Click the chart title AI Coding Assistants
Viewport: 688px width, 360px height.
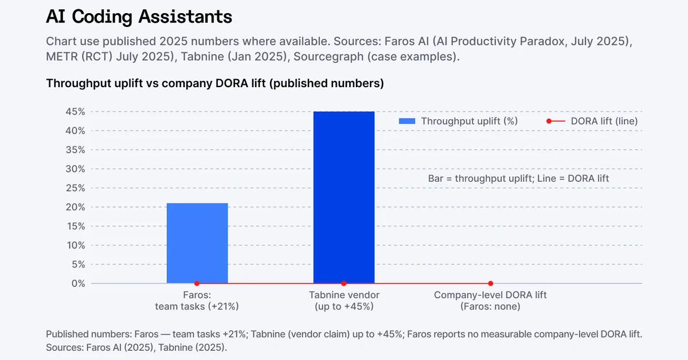tap(139, 17)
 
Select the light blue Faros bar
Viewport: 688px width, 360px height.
tap(197, 243)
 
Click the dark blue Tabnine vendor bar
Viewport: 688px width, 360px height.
tap(344, 197)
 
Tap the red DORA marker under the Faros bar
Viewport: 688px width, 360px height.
tap(197, 283)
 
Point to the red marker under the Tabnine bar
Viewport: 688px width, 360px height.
tap(344, 283)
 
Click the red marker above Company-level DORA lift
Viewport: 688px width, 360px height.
tap(491, 283)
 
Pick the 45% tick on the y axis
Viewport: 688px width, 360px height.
tap(76, 112)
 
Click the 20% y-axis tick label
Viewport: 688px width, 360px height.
tap(76, 207)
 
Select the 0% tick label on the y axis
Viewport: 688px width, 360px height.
tap(78, 283)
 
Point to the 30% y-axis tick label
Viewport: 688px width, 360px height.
tap(76, 169)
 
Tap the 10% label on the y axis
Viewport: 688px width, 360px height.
tap(76, 245)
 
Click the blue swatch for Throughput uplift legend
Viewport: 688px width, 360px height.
tap(406, 121)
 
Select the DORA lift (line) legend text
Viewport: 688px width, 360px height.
tap(604, 121)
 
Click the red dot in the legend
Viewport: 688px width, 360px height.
tap(549, 121)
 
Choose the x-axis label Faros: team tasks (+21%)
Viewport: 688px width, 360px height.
tap(197, 301)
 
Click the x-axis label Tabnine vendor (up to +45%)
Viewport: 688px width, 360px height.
tap(344, 301)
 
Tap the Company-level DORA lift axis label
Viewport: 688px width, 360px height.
tap(491, 301)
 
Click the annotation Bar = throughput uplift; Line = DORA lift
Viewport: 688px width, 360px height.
tap(518, 178)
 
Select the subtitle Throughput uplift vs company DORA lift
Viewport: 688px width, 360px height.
tap(215, 83)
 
